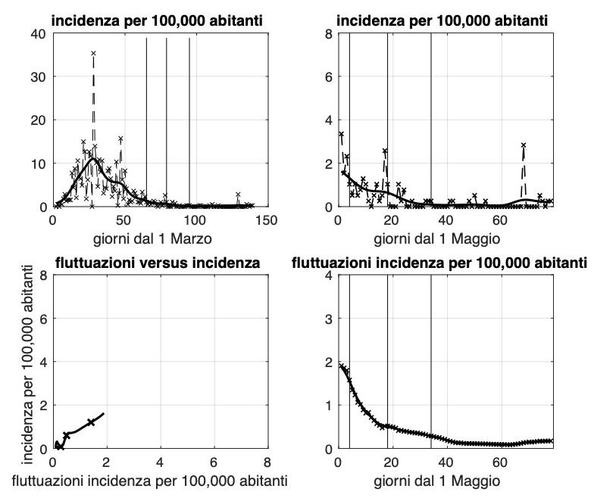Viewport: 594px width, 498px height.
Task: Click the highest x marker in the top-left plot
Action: click(93, 54)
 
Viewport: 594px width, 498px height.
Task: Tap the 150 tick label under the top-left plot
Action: click(267, 219)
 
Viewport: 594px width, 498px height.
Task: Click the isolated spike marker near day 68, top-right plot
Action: click(523, 145)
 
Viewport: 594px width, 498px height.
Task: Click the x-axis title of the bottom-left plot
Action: click(159, 479)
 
